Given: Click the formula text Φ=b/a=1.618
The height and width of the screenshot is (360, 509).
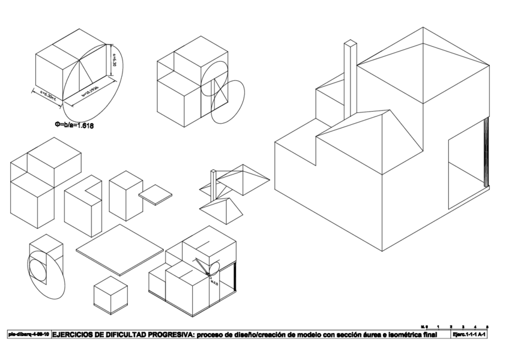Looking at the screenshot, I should click(74, 126).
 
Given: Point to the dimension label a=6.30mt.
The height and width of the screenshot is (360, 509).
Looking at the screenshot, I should click(45, 98).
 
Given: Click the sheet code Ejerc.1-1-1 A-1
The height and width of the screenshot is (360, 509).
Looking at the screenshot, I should click(469, 334).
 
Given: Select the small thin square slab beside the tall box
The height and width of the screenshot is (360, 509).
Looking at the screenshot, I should click(155, 194).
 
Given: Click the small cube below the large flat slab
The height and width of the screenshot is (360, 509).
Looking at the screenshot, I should click(110, 295).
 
